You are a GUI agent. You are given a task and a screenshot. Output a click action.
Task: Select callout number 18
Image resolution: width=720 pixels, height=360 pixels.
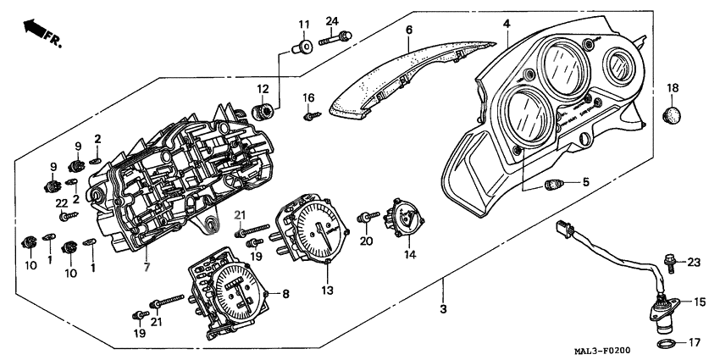pyautogui.click(x=673, y=88)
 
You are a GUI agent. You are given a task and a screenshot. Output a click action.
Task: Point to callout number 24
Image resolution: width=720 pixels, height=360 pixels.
pyautogui.click(x=331, y=21)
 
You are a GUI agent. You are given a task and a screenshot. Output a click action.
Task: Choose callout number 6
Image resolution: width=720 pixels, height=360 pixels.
pyautogui.click(x=408, y=30)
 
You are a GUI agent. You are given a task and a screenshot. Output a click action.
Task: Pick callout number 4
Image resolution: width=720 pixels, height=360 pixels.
pyautogui.click(x=506, y=24)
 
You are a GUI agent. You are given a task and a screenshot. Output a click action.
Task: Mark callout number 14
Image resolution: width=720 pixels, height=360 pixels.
pyautogui.click(x=409, y=253)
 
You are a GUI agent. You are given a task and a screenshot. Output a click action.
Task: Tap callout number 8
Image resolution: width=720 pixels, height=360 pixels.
pyautogui.click(x=285, y=293)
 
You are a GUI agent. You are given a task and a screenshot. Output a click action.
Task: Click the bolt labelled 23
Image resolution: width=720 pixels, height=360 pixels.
pyautogui.click(x=670, y=262)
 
